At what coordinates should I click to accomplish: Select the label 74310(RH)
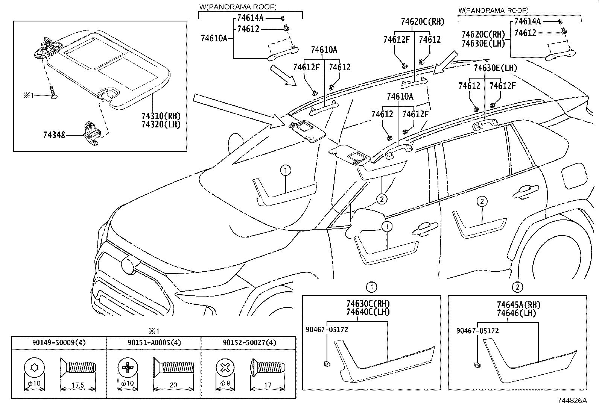(x=160, y=115)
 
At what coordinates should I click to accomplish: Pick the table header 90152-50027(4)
(x=249, y=343)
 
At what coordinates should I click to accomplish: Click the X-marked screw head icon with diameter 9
(x=225, y=367)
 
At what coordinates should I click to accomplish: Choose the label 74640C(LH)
(x=368, y=312)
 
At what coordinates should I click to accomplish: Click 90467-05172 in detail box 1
(x=326, y=330)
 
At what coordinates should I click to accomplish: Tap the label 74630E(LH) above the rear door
(x=495, y=68)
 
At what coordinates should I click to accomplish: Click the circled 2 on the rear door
(x=482, y=201)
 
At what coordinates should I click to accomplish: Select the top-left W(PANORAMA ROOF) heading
(x=237, y=7)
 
